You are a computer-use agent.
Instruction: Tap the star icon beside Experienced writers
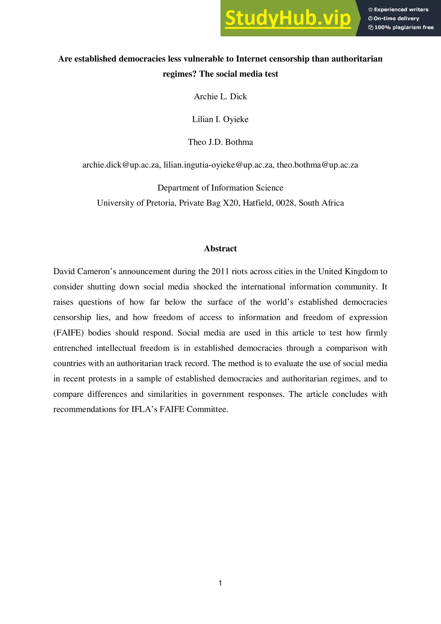point(370,10)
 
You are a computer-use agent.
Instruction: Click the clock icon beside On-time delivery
point(370,19)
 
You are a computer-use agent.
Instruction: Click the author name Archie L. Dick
point(220,96)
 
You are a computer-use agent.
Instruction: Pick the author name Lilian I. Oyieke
point(220,119)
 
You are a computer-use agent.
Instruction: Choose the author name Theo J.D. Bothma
point(220,142)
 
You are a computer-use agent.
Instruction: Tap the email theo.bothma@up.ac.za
point(317,165)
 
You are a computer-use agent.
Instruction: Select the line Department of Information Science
point(220,188)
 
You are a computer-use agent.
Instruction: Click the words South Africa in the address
point(321,203)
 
